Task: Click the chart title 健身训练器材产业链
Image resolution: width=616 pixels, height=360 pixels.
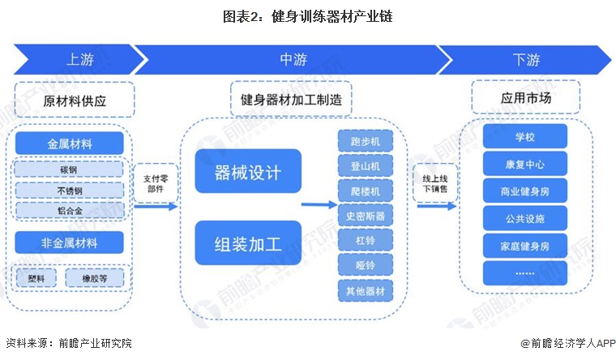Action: (x=307, y=15)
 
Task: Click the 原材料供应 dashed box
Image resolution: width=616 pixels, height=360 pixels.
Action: (x=75, y=102)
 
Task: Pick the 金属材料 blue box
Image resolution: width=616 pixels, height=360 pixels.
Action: (x=69, y=144)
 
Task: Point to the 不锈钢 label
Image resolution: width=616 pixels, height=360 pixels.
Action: (x=69, y=190)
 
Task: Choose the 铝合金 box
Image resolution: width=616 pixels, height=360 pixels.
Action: (x=69, y=210)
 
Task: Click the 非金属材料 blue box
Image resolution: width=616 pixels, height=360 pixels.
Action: (x=69, y=242)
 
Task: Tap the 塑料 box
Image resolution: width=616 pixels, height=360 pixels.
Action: (x=36, y=278)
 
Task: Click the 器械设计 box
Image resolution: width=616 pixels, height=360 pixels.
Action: (x=247, y=173)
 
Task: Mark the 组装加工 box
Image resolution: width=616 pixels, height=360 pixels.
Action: (x=247, y=242)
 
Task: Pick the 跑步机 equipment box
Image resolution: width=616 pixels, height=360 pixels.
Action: (x=365, y=141)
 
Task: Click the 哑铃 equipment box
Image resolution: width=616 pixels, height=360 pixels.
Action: (x=365, y=265)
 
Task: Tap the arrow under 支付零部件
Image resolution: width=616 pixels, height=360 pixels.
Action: (x=156, y=206)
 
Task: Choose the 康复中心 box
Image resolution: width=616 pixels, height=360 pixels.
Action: (x=524, y=164)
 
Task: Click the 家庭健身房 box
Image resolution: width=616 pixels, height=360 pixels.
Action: (x=524, y=244)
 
